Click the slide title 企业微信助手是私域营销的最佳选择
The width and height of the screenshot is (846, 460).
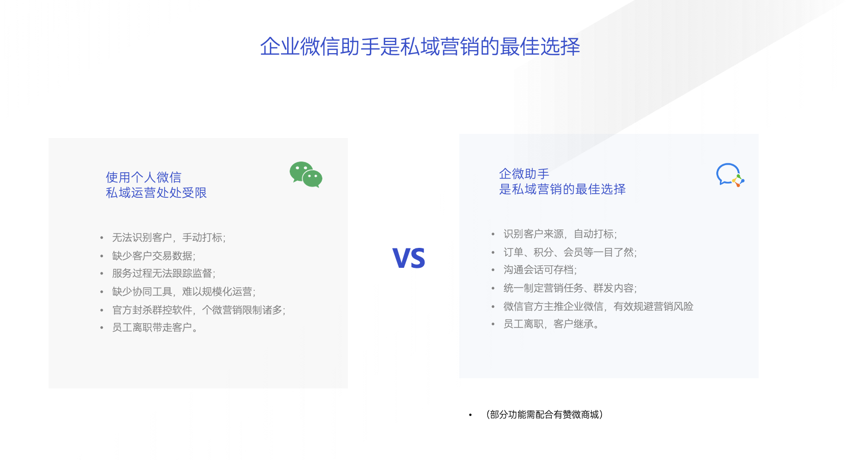tap(420, 47)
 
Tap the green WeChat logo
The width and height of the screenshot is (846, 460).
tap(306, 174)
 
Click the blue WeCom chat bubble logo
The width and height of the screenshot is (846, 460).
tap(730, 175)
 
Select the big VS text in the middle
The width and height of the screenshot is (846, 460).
tap(409, 258)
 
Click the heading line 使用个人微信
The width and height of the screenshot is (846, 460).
tap(144, 177)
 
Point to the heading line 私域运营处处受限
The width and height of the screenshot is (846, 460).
tap(156, 193)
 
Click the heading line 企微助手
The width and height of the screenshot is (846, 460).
tap(524, 174)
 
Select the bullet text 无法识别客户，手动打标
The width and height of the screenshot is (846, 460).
tap(169, 237)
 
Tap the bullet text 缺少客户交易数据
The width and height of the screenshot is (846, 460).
tap(154, 256)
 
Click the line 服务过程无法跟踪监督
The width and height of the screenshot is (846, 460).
tap(163, 273)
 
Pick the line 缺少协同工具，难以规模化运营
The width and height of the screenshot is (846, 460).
tap(183, 291)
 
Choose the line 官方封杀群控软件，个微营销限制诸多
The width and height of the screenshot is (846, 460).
tap(199, 310)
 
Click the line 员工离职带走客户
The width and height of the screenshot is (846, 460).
tap(155, 327)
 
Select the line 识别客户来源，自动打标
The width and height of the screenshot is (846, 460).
tap(560, 234)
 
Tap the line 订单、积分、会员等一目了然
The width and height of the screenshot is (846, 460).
tap(570, 252)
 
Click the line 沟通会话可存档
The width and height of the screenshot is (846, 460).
tap(540, 269)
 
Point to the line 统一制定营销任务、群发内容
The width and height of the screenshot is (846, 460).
tap(570, 288)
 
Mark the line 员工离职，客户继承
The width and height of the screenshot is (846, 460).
tap(551, 324)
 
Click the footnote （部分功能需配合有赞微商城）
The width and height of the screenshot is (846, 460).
tap(544, 415)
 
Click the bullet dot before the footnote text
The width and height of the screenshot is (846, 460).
tap(470, 415)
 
